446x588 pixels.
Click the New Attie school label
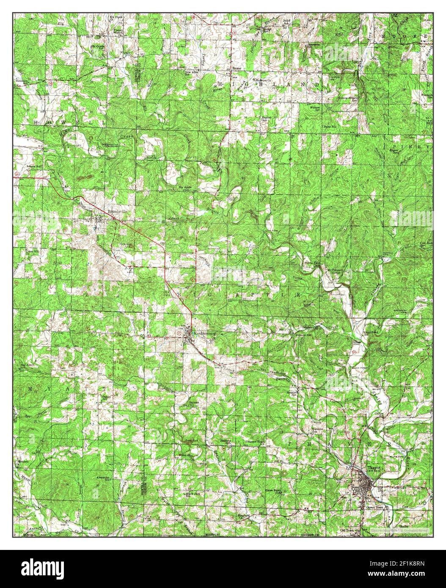[193, 72]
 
